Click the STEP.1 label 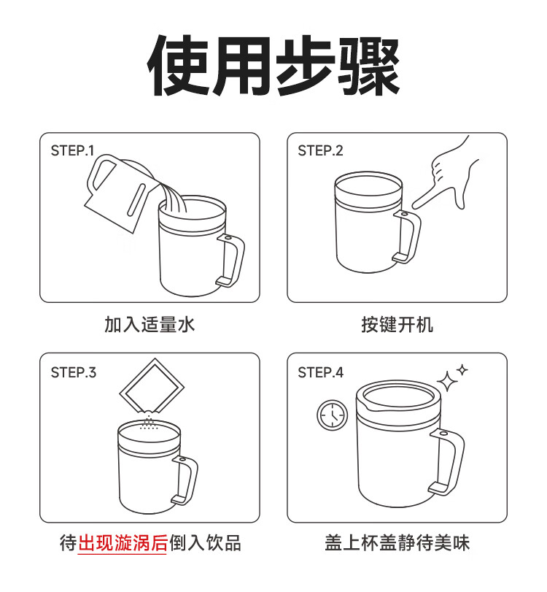click(72, 150)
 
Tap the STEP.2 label click(320, 150)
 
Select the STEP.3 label click(74, 372)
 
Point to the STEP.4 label click(321, 372)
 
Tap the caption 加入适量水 click(150, 325)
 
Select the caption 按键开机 click(397, 325)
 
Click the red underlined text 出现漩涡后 click(123, 543)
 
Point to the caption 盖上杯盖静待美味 click(397, 543)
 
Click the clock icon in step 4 click(333, 415)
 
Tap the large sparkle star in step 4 click(447, 381)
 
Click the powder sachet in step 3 click(152, 385)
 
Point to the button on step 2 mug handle click(404, 215)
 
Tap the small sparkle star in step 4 click(462, 370)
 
